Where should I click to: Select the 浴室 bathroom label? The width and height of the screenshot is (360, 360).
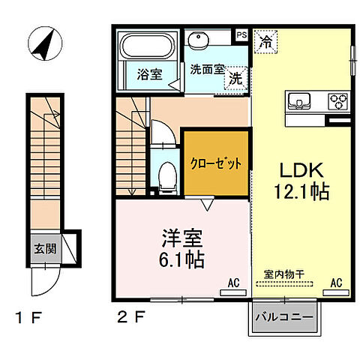tap(150, 75)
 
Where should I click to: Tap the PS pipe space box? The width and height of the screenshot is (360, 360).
tap(241, 34)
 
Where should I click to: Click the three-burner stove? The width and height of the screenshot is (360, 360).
tap(335, 100)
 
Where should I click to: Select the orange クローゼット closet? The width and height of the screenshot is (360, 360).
tap(215, 163)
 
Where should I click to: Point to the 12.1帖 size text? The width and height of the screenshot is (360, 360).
tap(303, 192)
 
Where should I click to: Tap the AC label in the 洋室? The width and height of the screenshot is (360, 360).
tap(233, 283)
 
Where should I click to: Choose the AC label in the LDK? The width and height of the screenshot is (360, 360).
tap(337, 283)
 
